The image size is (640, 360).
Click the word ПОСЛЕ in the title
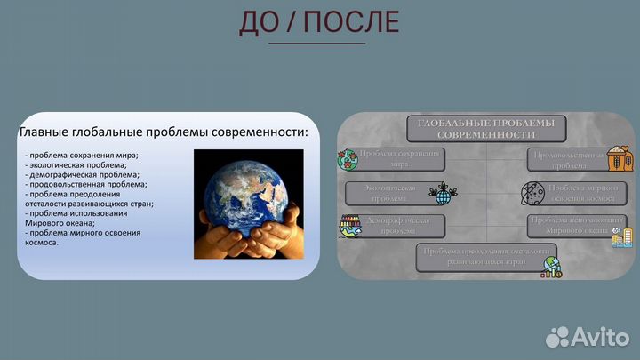pyautogui.click(x=351, y=22)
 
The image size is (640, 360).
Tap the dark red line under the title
pyautogui.click(x=316, y=43)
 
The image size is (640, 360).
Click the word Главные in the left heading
pyautogui.click(x=51, y=132)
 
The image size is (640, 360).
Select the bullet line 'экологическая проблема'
pyautogui.click(x=76, y=164)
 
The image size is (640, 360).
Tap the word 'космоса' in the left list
pyautogui.click(x=42, y=243)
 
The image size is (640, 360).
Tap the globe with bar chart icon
pyautogui.click(x=553, y=268)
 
